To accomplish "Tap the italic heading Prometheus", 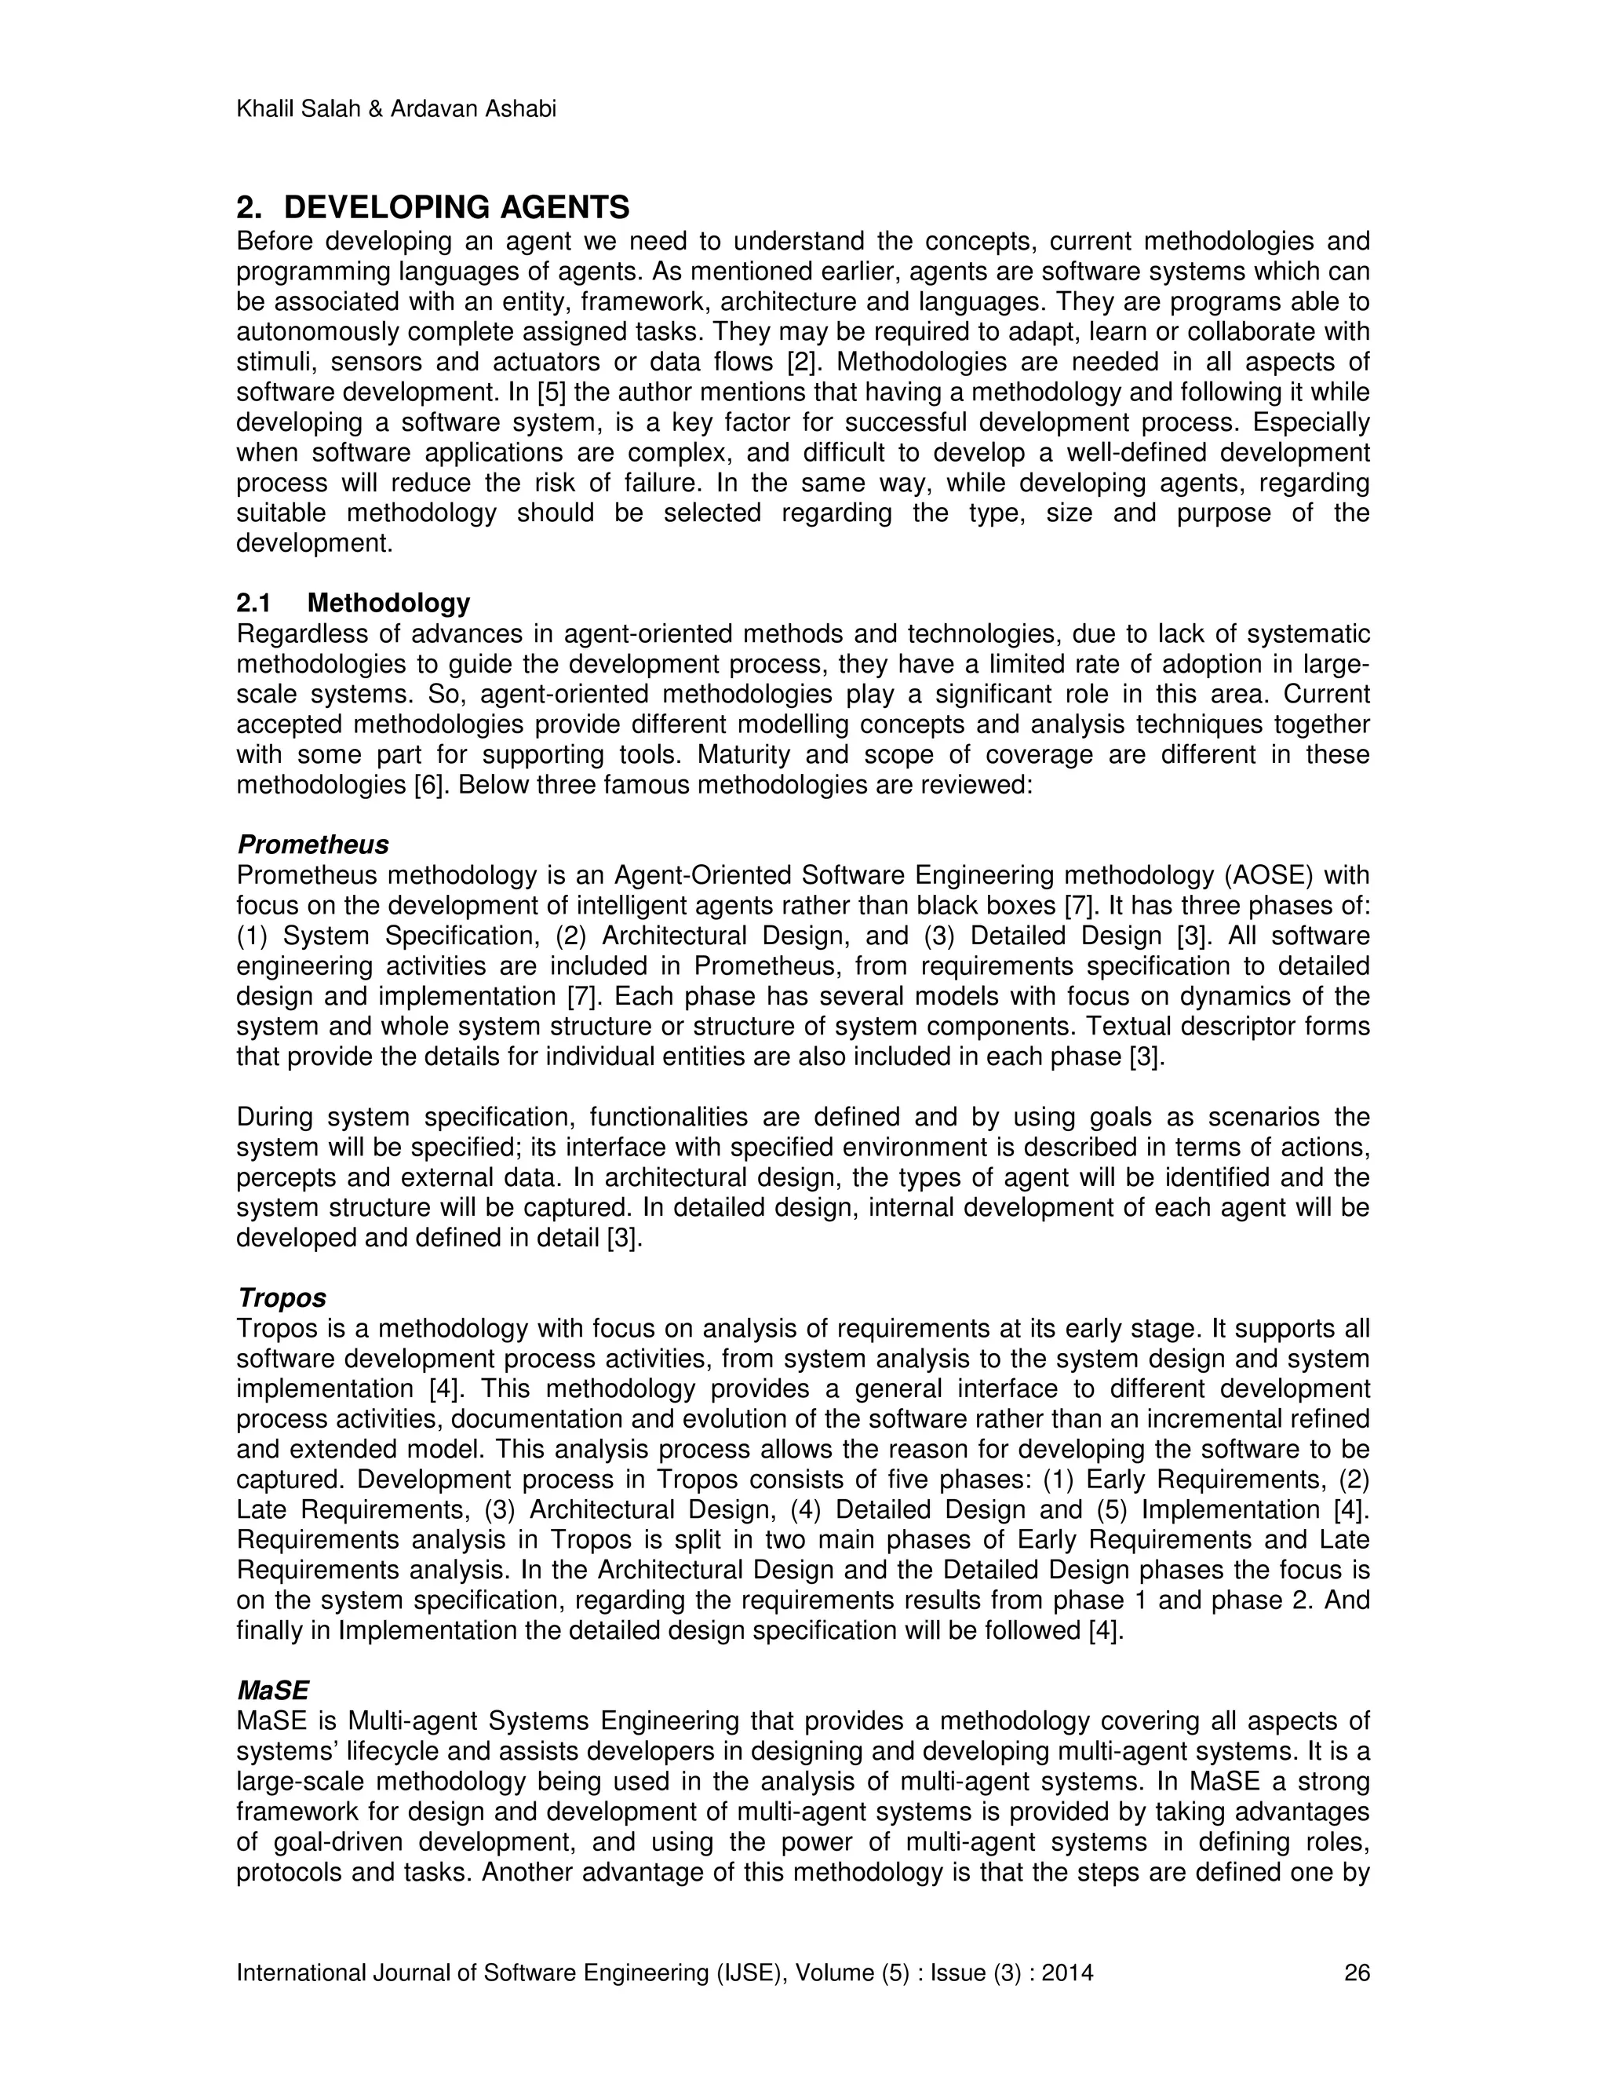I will click(313, 845).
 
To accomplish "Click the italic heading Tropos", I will click(282, 1298).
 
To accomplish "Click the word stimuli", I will click(271, 362).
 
